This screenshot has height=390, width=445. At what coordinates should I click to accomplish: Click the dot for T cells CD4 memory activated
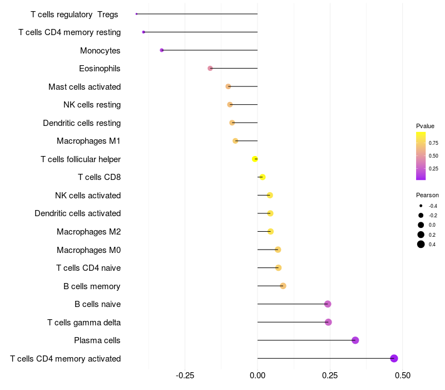pos(394,358)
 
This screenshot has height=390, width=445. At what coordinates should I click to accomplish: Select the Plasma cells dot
pos(355,340)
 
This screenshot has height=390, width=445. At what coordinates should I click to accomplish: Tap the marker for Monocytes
pos(162,50)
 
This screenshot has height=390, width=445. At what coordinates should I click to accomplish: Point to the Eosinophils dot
pos(210,69)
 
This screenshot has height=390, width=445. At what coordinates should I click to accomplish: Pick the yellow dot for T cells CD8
pos(262,177)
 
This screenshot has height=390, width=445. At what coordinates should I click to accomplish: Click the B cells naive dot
pos(328,304)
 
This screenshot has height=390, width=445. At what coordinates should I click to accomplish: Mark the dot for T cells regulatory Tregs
pos(136,14)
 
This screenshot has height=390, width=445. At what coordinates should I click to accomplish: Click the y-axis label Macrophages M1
pos(88,141)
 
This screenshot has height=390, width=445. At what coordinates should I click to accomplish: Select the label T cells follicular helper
pos(81,159)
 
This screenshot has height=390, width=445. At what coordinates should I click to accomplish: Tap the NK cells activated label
pos(88,196)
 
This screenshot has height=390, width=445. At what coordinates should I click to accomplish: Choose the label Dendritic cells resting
pos(82,123)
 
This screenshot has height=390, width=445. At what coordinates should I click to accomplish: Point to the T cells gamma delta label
pos(84,323)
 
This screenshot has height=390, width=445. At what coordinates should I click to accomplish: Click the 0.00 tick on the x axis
pos(258,376)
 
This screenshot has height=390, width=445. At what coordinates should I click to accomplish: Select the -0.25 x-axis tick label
pos(185,376)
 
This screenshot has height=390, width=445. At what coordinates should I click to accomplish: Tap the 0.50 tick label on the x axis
pos(402,376)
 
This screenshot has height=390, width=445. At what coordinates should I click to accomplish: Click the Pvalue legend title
pos(425,126)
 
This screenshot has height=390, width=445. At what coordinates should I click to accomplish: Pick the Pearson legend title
pos(427,196)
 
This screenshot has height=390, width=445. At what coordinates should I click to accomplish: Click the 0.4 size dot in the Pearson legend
pos(421,244)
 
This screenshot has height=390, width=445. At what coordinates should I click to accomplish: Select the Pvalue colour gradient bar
pos(421,156)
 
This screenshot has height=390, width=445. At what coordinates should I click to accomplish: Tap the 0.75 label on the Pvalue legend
pos(433,143)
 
